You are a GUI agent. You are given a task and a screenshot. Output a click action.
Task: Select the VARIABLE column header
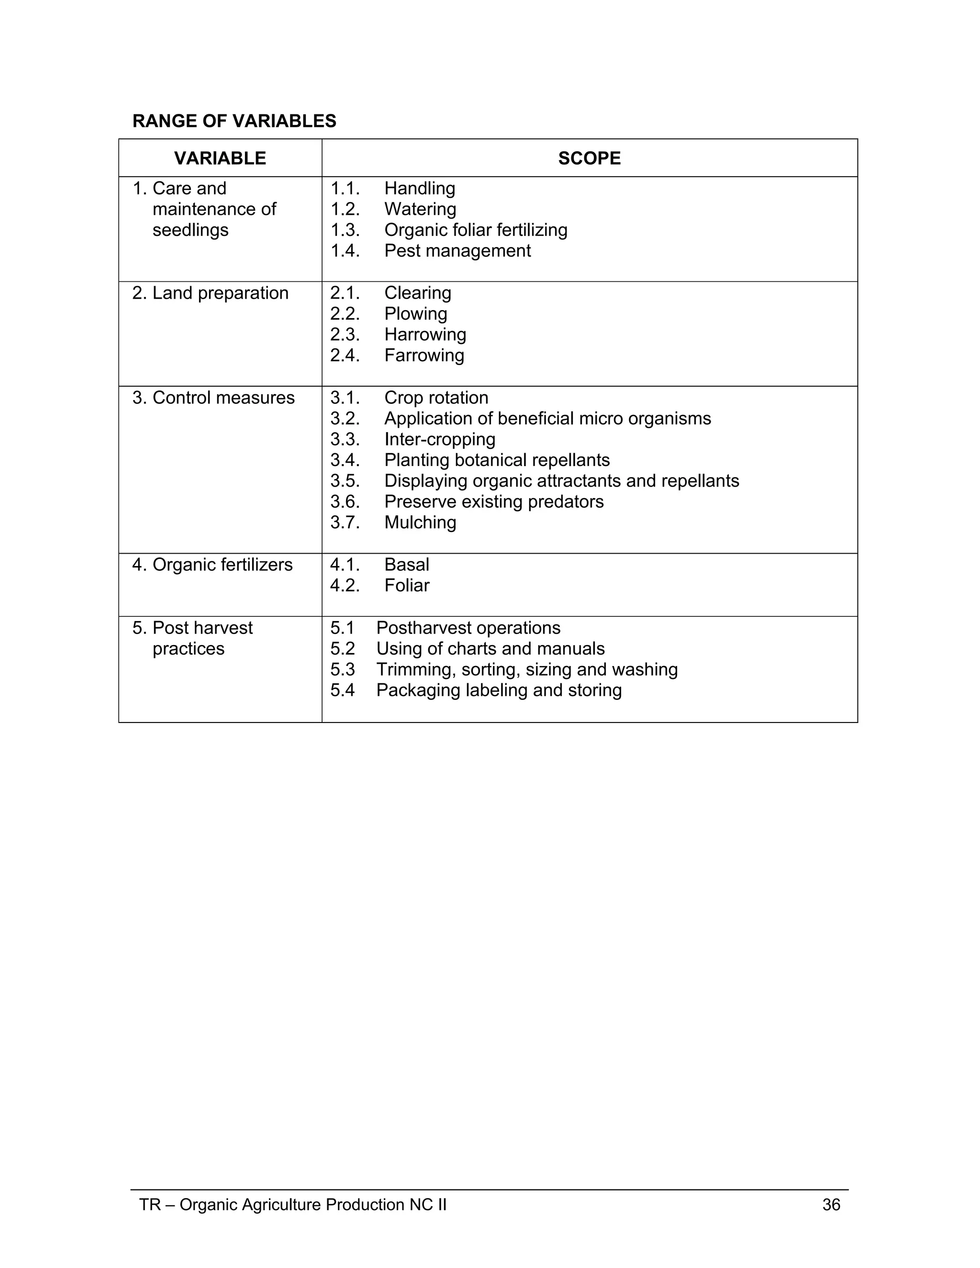(x=220, y=158)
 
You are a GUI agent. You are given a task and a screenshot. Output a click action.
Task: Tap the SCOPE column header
(x=589, y=158)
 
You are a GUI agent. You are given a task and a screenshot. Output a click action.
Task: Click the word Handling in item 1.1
(x=419, y=188)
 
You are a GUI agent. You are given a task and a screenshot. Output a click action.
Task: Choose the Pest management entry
(x=457, y=251)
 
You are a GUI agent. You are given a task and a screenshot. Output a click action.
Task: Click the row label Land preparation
(x=220, y=293)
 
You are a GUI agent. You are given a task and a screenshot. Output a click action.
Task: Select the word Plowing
(x=416, y=313)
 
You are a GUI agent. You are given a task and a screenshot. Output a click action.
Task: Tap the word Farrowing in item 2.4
(x=424, y=356)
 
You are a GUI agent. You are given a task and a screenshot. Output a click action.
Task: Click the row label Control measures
(x=223, y=398)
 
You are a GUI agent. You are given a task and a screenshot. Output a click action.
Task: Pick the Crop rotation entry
(x=436, y=398)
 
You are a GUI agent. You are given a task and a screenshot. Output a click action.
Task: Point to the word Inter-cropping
(x=439, y=440)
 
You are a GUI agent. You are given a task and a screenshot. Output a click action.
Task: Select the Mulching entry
(x=420, y=523)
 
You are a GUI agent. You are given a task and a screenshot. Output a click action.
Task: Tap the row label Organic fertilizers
(x=223, y=565)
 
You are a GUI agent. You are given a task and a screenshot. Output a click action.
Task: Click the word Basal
(x=406, y=565)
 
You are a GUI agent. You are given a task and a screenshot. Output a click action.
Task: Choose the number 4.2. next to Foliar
(x=345, y=585)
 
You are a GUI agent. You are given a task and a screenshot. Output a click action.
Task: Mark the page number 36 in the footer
(x=831, y=1205)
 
